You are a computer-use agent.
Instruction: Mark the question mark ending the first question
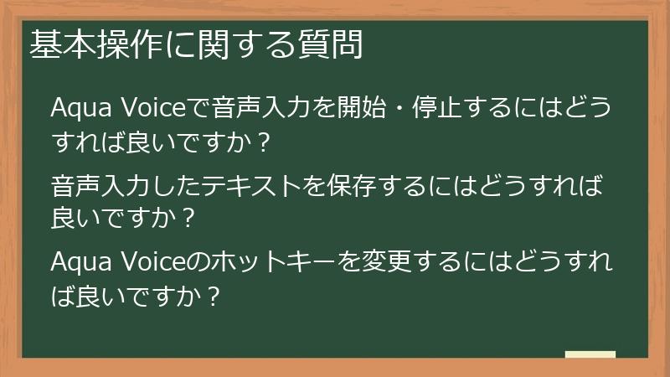265,143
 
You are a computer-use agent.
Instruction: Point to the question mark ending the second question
188,219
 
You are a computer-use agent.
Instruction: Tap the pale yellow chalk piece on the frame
590,354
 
